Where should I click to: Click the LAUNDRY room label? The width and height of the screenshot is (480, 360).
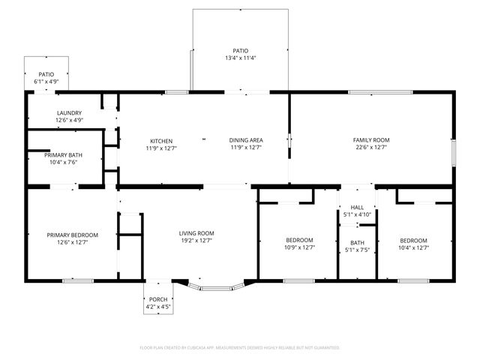(68, 112)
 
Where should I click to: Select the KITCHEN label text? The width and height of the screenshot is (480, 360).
(161, 140)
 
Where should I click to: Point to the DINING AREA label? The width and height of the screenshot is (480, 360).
(245, 140)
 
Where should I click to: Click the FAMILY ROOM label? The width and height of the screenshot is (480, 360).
(371, 140)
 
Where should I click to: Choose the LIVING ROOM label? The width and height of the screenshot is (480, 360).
(196, 233)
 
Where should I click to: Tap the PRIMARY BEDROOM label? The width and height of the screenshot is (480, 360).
(73, 235)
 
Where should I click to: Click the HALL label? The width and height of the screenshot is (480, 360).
(357, 208)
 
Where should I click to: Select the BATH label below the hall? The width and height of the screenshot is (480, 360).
(357, 242)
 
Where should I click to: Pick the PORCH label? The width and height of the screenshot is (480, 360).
(157, 299)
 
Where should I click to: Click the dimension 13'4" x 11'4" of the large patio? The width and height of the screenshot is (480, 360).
(240, 58)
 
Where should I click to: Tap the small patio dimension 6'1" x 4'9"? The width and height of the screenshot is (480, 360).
(46, 81)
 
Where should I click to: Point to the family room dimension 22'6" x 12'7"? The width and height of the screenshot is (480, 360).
(371, 148)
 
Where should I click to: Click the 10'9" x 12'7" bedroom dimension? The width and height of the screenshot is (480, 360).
(299, 247)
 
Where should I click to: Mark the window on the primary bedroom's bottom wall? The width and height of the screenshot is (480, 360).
(78, 280)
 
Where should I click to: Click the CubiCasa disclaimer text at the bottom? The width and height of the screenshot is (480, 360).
(240, 347)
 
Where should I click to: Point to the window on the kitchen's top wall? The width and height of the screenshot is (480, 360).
(177, 92)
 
